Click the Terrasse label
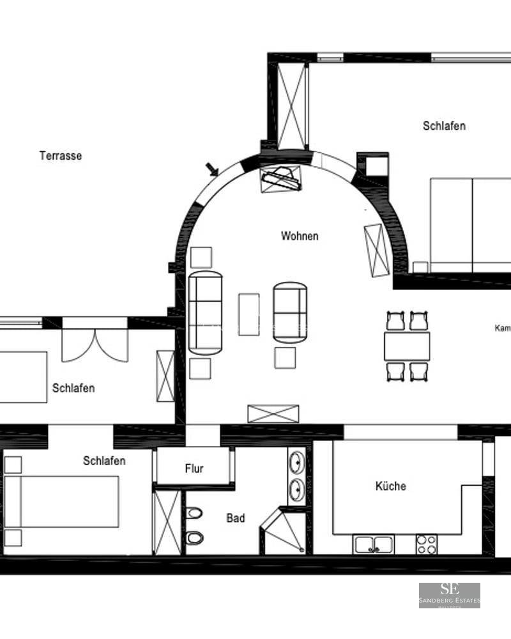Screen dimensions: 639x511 coord(61,156)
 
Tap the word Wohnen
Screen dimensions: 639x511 coord(300,236)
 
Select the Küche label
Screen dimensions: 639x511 coord(390,486)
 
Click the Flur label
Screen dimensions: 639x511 coord(194,469)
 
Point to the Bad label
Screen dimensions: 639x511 coord(236,518)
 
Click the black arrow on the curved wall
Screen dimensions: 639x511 coord(212,169)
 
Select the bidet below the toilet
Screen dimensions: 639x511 coord(194,538)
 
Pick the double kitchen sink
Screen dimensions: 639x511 coord(374,544)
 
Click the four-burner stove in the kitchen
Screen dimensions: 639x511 coord(426,544)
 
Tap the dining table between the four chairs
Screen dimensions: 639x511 coord(407,346)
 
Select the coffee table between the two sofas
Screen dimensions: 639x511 coord(248,314)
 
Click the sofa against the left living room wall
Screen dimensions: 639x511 coord(206,312)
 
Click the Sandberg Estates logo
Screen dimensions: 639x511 coord(449,595)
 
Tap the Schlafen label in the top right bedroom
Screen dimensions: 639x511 coord(444,126)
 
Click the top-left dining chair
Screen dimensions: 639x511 coord(395,320)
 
